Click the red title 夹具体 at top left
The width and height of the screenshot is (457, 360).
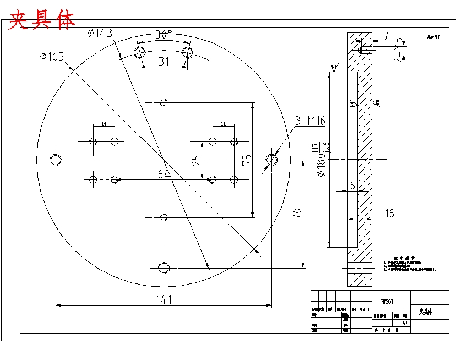point(41,19)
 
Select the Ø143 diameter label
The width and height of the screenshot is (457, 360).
point(100,34)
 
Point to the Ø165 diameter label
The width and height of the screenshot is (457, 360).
point(52,56)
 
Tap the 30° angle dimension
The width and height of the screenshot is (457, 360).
point(164,34)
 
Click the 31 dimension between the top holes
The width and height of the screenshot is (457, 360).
point(164,62)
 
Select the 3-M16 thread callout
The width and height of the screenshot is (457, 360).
point(309,121)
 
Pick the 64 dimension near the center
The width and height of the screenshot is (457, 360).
point(164,174)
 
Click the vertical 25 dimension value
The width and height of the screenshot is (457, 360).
point(197,160)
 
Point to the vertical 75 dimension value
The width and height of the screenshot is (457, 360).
point(247,160)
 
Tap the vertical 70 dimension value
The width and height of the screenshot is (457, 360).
point(297,214)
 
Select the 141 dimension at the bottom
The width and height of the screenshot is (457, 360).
point(164,299)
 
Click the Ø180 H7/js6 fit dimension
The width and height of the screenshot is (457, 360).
point(322,160)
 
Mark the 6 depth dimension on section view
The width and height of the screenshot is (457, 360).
point(352,186)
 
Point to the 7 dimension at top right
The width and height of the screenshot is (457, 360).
point(386,36)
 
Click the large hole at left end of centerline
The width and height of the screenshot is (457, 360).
point(55,160)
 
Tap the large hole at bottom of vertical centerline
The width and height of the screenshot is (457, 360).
point(164,268)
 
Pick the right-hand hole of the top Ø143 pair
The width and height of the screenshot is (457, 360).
point(188,52)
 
